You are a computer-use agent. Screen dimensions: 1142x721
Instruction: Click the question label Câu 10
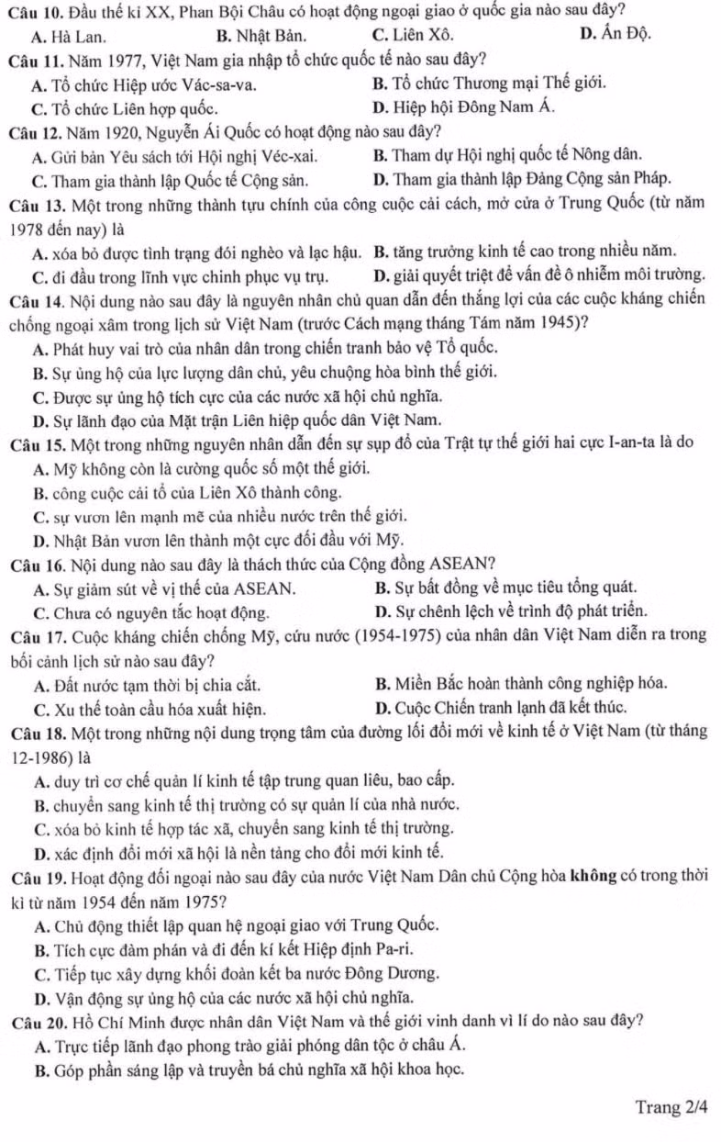click(32, 12)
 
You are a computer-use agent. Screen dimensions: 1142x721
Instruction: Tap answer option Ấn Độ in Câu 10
click(616, 36)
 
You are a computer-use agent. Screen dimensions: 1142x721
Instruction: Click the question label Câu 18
click(32, 732)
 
